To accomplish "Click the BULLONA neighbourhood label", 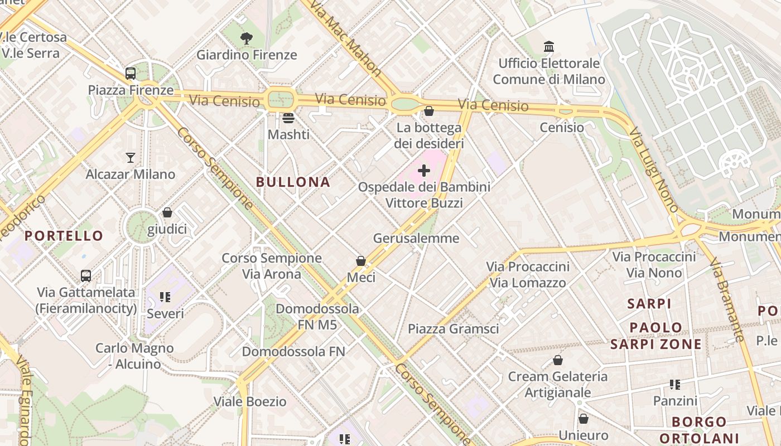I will [293, 182].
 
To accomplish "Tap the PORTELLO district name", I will [64, 235].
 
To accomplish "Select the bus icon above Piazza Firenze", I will [131, 73].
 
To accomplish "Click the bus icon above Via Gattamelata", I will [86, 275].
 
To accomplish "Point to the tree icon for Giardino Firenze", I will [246, 38].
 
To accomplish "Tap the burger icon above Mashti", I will [288, 118].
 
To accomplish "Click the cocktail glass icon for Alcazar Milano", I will [131, 158].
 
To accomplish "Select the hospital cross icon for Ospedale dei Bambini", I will [424, 171].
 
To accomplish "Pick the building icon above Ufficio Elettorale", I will [549, 46].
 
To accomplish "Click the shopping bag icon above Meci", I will [361, 261].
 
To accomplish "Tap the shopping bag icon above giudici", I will [167, 212].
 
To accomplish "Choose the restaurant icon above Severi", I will [165, 297].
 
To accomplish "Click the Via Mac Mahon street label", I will [346, 39].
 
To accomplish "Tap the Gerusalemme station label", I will [416, 238].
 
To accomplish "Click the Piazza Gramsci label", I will [454, 328].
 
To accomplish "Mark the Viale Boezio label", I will [250, 401].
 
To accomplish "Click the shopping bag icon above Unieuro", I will [584, 419].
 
